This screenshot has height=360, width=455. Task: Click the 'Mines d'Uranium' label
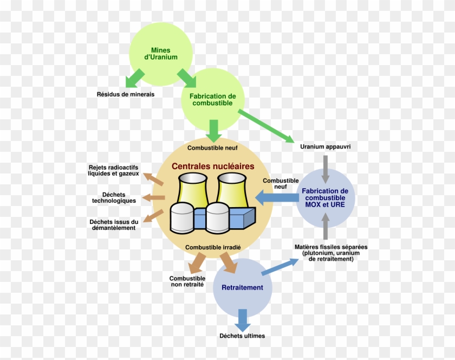[161, 54]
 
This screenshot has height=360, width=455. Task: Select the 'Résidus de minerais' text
[126, 94]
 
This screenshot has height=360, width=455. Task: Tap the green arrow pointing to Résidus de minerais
[135, 78]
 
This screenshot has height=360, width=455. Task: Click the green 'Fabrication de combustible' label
[213, 100]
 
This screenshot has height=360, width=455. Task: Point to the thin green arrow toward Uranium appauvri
[266, 126]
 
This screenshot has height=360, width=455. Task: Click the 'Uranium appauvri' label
[326, 146]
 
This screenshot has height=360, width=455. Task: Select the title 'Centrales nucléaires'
[213, 166]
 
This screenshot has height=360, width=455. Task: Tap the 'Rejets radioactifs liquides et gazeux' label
[113, 171]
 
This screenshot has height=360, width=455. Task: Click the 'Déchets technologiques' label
[114, 197]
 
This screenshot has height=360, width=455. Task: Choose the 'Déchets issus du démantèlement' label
[114, 225]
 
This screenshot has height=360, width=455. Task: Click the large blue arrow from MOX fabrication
[277, 198]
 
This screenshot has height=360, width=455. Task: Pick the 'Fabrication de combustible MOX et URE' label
[325, 198]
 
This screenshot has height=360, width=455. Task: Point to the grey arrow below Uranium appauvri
[326, 169]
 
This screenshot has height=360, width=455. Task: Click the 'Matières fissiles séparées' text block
[331, 253]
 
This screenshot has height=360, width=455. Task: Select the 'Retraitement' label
[242, 287]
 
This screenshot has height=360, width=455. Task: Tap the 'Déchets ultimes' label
[242, 336]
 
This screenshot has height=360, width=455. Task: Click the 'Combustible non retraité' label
[187, 281]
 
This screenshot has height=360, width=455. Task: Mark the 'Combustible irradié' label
[213, 247]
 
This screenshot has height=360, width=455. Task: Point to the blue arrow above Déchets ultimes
[243, 320]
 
